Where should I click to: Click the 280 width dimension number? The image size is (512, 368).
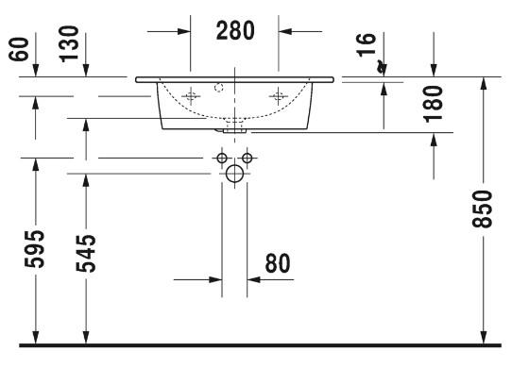234,30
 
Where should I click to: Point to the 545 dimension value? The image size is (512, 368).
86,252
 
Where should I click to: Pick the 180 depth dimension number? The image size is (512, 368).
434,103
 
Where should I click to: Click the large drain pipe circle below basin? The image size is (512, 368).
234,174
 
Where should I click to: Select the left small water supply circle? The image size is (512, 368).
222,157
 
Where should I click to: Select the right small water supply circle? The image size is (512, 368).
247,157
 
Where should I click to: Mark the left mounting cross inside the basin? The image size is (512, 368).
191,95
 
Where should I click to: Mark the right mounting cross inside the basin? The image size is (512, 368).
279,95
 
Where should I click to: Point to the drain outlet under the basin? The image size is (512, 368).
234,123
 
